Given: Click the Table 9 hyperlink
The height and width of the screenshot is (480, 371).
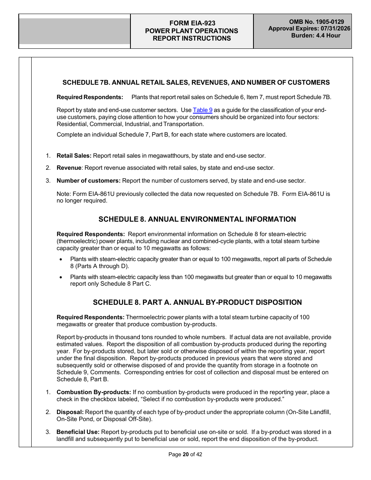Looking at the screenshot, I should click(x=202, y=110).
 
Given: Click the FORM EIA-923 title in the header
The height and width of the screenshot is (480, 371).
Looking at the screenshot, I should click(x=192, y=23).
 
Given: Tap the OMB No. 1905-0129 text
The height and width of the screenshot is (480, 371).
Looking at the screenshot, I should click(x=316, y=22).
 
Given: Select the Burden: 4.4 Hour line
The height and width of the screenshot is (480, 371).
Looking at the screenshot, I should click(x=316, y=36).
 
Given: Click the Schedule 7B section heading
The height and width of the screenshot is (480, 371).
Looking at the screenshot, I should click(x=196, y=82).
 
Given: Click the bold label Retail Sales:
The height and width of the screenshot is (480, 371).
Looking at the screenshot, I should click(x=74, y=156).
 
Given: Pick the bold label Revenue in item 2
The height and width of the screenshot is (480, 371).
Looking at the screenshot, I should click(x=69, y=168).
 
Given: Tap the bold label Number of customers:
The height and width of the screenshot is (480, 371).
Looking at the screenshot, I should click(x=88, y=181).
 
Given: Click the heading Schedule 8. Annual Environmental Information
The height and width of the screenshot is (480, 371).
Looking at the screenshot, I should click(x=197, y=219).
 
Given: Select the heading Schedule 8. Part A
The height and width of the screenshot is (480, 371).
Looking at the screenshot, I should click(x=197, y=302).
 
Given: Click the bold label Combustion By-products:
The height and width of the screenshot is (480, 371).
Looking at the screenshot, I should click(x=94, y=392).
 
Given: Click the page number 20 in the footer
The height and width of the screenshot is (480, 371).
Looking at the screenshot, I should click(x=185, y=454).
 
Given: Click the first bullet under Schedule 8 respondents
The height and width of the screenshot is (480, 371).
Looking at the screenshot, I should click(x=61, y=260).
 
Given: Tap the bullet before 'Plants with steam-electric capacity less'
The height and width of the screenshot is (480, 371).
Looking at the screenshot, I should click(x=61, y=277).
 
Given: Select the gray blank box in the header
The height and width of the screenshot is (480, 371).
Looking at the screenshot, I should click(x=75, y=31).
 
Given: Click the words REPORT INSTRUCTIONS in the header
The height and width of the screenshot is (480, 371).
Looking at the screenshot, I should click(x=192, y=38).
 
